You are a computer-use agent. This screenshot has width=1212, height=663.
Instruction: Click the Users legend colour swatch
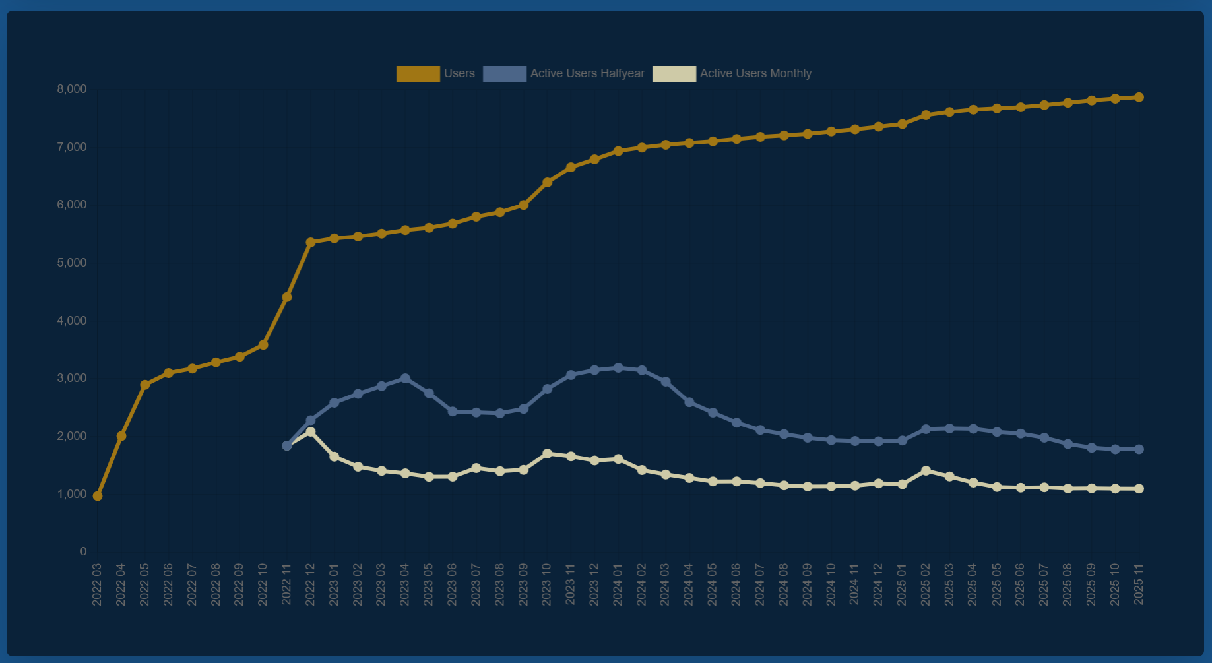tap(418, 74)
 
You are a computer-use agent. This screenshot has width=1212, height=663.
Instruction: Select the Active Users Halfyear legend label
tap(587, 73)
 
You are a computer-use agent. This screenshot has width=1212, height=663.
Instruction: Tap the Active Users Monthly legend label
tap(755, 73)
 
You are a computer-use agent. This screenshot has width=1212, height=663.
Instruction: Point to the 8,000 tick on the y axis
tap(72, 89)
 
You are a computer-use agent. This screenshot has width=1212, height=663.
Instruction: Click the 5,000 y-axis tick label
tap(72, 263)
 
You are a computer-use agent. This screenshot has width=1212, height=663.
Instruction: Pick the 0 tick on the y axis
tap(83, 552)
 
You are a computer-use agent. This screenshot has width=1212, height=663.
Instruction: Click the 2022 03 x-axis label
tap(97, 584)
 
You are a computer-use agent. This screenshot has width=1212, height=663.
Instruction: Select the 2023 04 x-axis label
tap(405, 584)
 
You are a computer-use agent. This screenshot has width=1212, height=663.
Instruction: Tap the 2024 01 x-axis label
tap(618, 584)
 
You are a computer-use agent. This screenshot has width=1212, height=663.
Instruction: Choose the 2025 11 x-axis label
tap(1139, 584)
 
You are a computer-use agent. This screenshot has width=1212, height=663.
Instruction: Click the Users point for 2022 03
tap(98, 496)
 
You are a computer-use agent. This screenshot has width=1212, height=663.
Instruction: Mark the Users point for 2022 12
tap(311, 243)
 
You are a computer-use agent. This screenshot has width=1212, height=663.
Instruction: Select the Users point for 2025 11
tap(1139, 97)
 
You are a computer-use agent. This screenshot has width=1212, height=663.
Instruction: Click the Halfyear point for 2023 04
tap(405, 379)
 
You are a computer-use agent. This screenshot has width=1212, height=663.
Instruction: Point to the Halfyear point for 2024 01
tap(618, 368)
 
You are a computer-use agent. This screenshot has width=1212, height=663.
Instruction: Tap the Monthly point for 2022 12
tap(311, 431)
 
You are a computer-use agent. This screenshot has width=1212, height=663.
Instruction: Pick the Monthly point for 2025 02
tap(926, 471)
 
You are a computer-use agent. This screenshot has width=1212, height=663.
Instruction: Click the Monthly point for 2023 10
tap(547, 454)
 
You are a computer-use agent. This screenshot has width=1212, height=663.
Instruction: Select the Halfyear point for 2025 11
tap(1139, 449)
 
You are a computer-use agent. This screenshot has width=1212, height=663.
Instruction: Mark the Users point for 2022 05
tap(145, 385)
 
